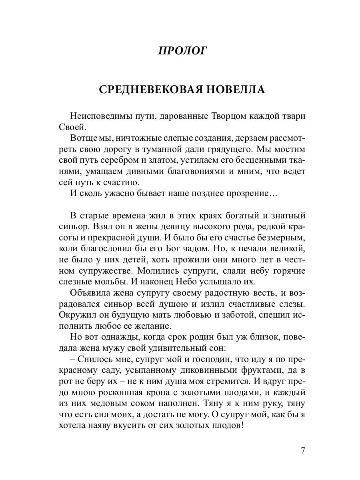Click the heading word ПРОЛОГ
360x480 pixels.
182,51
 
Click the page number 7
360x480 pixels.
303,450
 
